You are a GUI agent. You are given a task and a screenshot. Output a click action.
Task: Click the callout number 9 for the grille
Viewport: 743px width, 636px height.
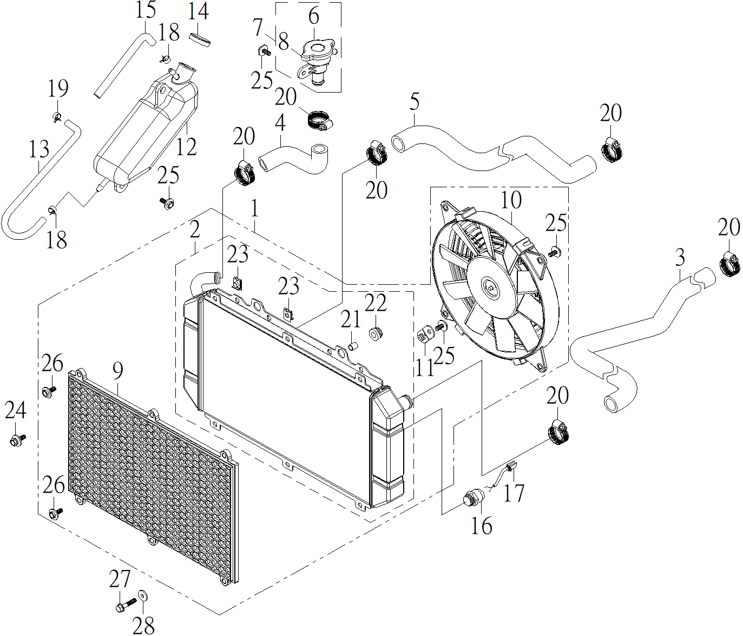click(118, 371)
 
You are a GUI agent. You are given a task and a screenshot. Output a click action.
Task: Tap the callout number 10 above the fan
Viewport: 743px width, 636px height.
click(511, 200)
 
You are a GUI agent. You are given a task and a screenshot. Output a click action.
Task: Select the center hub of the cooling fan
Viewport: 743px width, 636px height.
click(490, 288)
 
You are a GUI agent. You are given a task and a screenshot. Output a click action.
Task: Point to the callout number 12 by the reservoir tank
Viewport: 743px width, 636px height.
click(187, 146)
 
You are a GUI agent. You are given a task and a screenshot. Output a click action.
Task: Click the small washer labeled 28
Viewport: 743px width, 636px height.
click(143, 595)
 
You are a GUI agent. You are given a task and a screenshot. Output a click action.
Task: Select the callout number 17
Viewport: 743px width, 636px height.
click(514, 493)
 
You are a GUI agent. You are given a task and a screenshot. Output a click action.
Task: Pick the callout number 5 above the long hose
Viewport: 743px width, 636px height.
click(415, 101)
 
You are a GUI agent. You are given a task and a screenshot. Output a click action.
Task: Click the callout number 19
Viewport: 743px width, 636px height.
click(58, 88)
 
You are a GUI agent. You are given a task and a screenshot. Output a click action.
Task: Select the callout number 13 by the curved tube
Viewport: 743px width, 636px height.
click(39, 149)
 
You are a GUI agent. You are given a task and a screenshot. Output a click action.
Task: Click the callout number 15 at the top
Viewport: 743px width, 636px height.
click(145, 11)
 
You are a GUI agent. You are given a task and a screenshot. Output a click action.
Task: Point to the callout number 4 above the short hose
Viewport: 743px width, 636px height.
click(280, 123)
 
